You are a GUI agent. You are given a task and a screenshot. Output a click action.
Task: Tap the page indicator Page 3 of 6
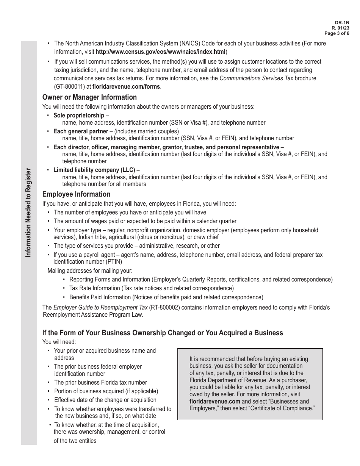pyautogui.click(x=337, y=33)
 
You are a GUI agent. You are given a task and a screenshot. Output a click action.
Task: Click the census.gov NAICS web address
pyautogui.click(x=161, y=52)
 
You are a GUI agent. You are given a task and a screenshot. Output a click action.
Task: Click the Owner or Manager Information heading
pyautogui.click(x=89, y=97)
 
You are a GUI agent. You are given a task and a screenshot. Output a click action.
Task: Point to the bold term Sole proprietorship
pyautogui.click(x=78, y=115)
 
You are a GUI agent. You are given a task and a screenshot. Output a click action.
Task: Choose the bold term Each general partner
pyautogui.click(x=81, y=131)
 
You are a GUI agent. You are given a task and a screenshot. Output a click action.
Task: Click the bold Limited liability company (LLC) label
pyautogui.click(x=94, y=170)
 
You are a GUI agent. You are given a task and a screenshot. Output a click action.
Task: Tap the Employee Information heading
pyautogui.click(x=77, y=194)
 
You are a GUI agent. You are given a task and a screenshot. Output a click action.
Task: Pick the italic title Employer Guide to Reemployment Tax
pyautogui.click(x=100, y=307)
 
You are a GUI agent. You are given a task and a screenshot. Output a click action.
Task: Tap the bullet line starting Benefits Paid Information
pyautogui.click(x=166, y=297)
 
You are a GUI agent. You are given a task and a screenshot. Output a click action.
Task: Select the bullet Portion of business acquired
pyautogui.click(x=106, y=391)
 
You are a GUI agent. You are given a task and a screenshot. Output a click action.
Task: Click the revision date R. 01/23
pyautogui.click(x=341, y=28)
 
